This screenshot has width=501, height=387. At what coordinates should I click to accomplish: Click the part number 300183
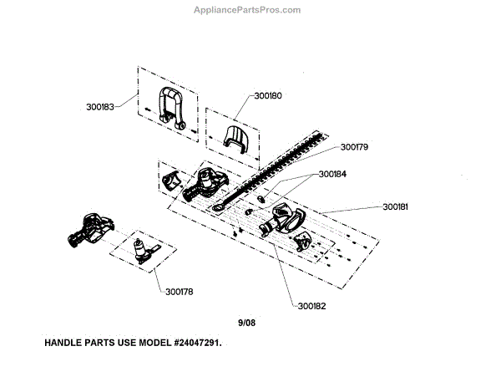[100, 107]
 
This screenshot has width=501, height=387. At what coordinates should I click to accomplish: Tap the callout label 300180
[268, 96]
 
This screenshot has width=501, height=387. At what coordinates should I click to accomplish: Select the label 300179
[354, 147]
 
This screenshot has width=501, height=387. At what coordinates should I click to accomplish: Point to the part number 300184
[331, 175]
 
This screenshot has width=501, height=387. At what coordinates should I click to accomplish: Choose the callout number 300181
[397, 206]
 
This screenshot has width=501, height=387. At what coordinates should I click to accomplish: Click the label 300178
[179, 293]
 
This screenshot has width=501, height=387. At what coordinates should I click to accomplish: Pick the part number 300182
[311, 306]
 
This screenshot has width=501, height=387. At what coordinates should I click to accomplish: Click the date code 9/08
[249, 321]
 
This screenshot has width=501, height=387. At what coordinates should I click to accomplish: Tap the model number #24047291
[192, 344]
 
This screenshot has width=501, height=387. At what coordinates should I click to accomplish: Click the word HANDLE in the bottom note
[65, 344]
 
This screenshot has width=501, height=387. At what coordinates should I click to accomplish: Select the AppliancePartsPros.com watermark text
[246, 10]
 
